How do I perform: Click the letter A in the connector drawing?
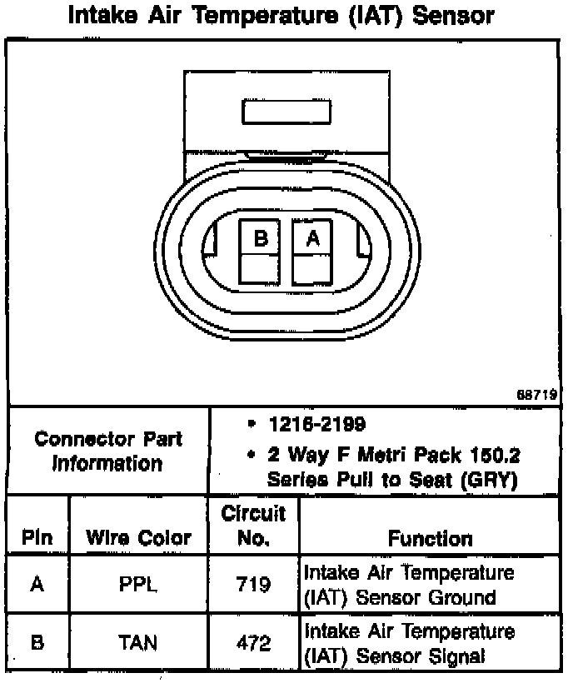[313, 238]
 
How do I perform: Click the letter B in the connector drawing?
[261, 238]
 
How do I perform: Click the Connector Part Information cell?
[108, 451]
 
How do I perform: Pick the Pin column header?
[37, 538]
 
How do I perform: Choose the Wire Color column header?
[139, 538]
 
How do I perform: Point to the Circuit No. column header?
[253, 526]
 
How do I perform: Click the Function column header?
[430, 539]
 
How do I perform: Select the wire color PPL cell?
[139, 584]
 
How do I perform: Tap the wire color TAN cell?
[139, 642]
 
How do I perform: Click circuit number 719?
[253, 584]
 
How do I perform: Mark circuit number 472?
[253, 642]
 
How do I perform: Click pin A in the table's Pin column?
[37, 584]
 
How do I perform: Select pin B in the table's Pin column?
[37, 642]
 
